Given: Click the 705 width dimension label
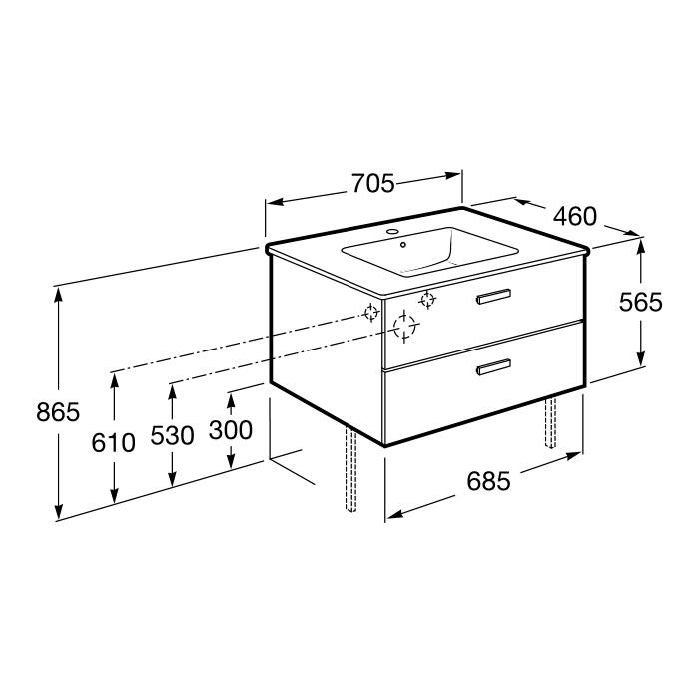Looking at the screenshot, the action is click(373, 183).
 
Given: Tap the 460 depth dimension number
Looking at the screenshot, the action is click(574, 216).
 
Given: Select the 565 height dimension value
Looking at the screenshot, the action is click(641, 302).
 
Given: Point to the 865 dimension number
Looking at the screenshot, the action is click(58, 411).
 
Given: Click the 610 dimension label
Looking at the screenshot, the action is click(113, 443).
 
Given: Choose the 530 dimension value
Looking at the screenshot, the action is click(172, 435).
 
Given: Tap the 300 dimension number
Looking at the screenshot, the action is click(231, 430).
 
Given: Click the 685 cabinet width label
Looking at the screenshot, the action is click(488, 481).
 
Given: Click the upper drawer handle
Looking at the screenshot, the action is click(493, 296).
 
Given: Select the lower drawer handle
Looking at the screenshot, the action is click(493, 366).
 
